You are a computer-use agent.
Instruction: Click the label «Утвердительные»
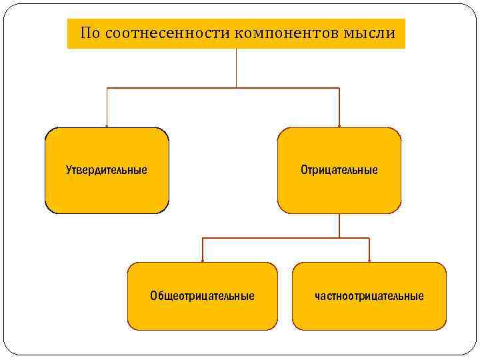click(x=107, y=170)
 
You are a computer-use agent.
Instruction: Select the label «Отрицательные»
click(x=339, y=170)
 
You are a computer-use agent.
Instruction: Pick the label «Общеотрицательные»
click(x=202, y=295)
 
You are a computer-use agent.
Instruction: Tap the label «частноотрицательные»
click(x=369, y=295)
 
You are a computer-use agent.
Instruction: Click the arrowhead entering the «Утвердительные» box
click(x=107, y=125)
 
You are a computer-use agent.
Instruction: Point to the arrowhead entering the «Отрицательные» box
click(x=339, y=125)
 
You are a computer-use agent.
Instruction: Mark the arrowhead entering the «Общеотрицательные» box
click(x=203, y=259)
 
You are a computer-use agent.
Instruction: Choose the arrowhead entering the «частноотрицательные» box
click(x=369, y=259)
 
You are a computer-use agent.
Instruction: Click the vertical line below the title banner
click(x=236, y=68)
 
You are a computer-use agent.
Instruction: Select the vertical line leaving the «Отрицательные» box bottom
click(x=339, y=225)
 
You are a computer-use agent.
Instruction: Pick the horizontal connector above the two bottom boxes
click(x=286, y=238)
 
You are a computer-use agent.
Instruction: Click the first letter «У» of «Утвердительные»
click(x=69, y=170)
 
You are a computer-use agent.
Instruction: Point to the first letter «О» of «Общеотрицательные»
click(x=154, y=295)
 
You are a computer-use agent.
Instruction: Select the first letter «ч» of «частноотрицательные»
click(x=318, y=296)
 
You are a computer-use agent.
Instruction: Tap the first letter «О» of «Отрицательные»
click(x=304, y=170)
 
